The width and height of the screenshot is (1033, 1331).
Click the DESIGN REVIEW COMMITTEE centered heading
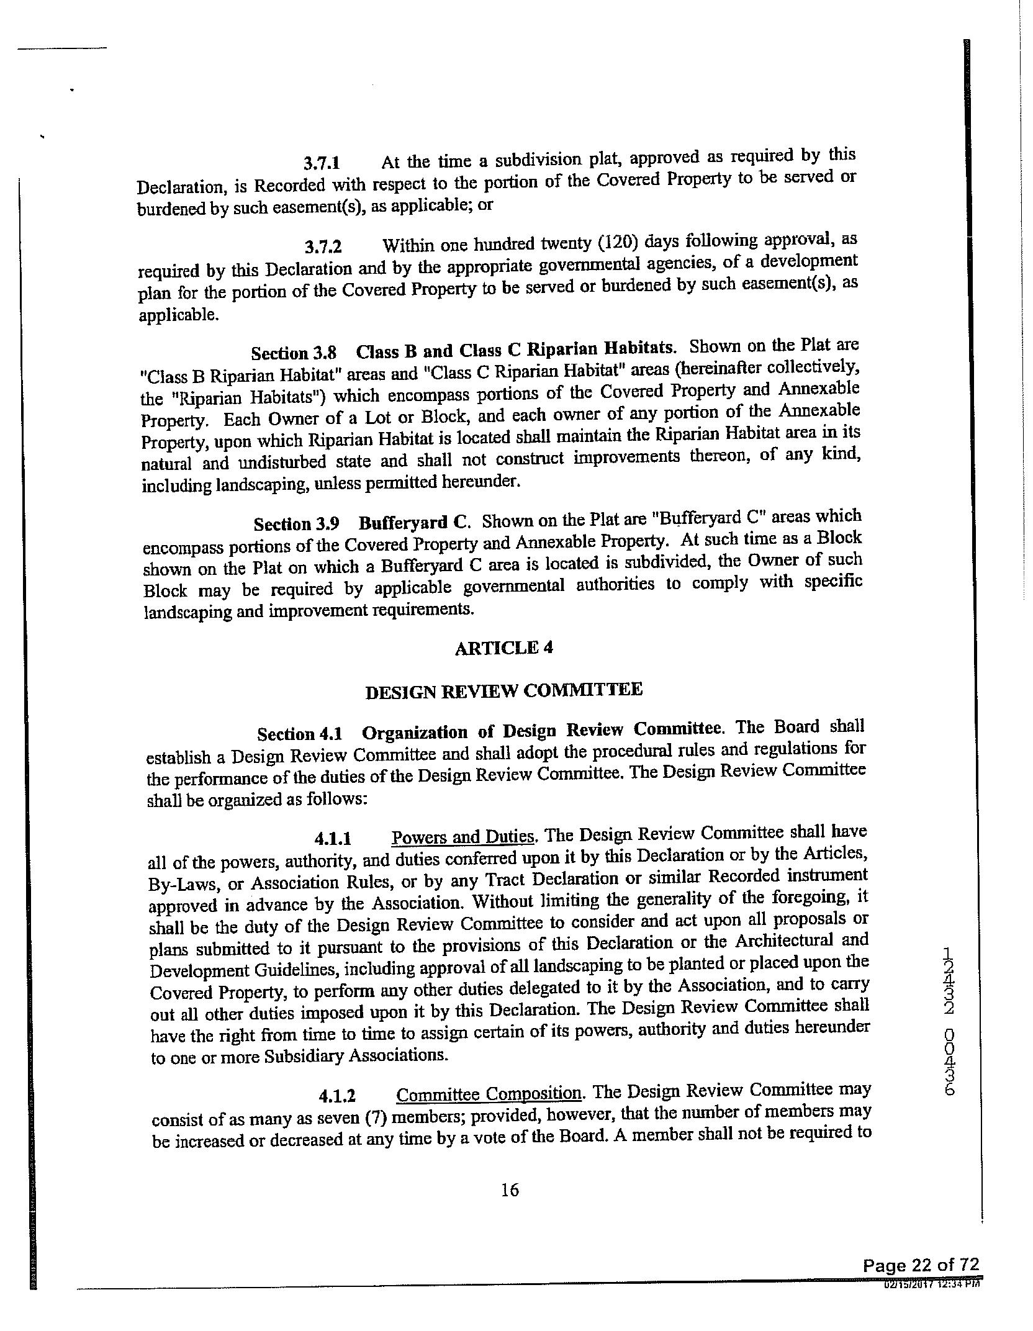click(503, 691)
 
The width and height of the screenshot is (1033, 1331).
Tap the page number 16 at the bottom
click(510, 1189)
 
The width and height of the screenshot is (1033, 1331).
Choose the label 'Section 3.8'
click(294, 353)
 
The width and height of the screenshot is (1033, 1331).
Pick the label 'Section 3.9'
click(296, 524)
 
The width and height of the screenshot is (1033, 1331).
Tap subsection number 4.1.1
click(333, 839)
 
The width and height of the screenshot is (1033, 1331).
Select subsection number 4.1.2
click(337, 1096)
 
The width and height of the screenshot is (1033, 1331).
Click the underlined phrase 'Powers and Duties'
click(462, 837)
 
